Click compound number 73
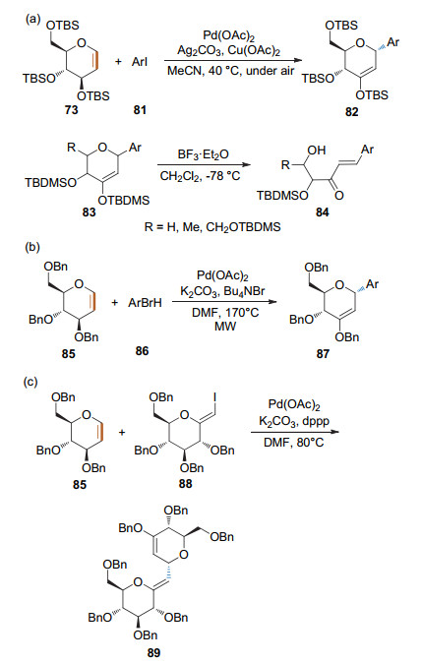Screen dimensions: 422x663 (x=72, y=110)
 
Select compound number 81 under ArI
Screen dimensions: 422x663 (x=140, y=110)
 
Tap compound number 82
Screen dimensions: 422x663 (x=352, y=111)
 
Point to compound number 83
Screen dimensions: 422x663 (x=89, y=211)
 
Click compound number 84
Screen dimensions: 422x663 (x=323, y=211)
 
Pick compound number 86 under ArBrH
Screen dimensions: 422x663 (x=142, y=350)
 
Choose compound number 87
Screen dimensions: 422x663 (x=323, y=353)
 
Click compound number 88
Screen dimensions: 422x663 (x=185, y=483)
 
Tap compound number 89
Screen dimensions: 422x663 (x=153, y=652)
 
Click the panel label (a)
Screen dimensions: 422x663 (x=32, y=19)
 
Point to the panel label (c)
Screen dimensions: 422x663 (x=32, y=382)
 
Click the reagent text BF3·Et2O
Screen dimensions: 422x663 (x=203, y=154)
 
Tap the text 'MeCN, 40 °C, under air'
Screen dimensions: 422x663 (x=230, y=71)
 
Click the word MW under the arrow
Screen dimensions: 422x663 (x=225, y=326)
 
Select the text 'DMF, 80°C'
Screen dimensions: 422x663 (x=294, y=443)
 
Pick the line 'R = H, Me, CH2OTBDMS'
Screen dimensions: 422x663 (x=212, y=227)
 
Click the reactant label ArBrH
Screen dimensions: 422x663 (x=145, y=303)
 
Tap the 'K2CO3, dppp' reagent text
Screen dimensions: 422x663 (x=294, y=422)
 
